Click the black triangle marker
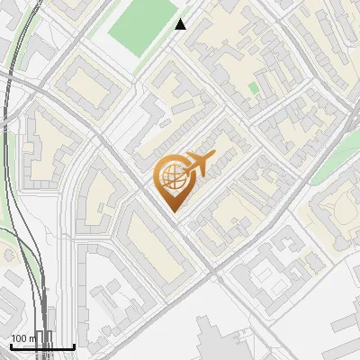[181, 24]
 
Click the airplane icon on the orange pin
[196, 165]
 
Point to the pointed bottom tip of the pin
[175, 211]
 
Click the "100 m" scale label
[24, 338]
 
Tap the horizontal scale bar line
[42, 346]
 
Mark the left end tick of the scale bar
[11, 345]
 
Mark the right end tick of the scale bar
[74, 345]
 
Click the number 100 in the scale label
[20, 338]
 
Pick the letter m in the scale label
[33, 339]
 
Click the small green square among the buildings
[254, 87]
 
